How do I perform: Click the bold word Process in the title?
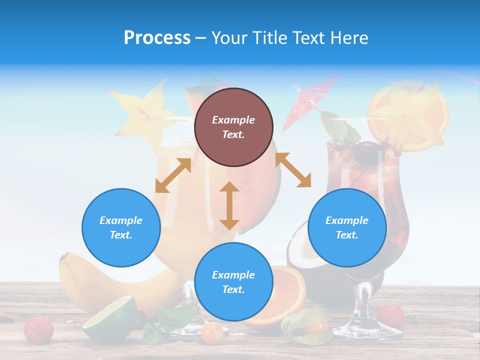pyautogui.click(x=157, y=38)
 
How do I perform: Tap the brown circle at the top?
pyautogui.click(x=233, y=127)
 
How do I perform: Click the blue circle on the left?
pyautogui.click(x=121, y=227)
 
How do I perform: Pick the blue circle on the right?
pyautogui.click(x=347, y=227)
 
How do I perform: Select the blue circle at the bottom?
pyautogui.click(x=233, y=282)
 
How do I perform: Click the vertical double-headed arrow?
pyautogui.click(x=229, y=205)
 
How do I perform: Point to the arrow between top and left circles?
pyautogui.click(x=173, y=175)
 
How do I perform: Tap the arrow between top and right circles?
pyautogui.click(x=293, y=170)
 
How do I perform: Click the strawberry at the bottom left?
pyautogui.click(x=38, y=329)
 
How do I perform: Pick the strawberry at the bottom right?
pyautogui.click(x=390, y=315)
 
